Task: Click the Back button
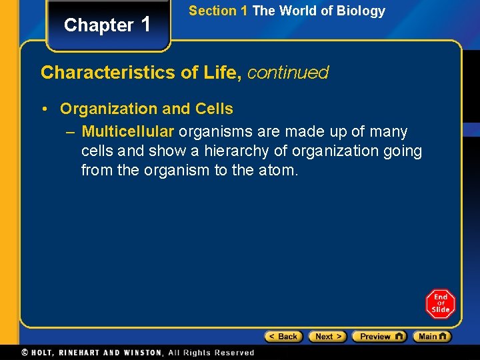283,337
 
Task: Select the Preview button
379,337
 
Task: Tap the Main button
431,337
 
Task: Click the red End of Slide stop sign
440,303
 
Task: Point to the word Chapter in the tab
99,25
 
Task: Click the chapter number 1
146,24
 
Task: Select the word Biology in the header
362,11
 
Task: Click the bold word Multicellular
128,132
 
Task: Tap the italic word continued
288,73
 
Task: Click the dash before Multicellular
71,132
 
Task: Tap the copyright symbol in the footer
25,353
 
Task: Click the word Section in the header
213,11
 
